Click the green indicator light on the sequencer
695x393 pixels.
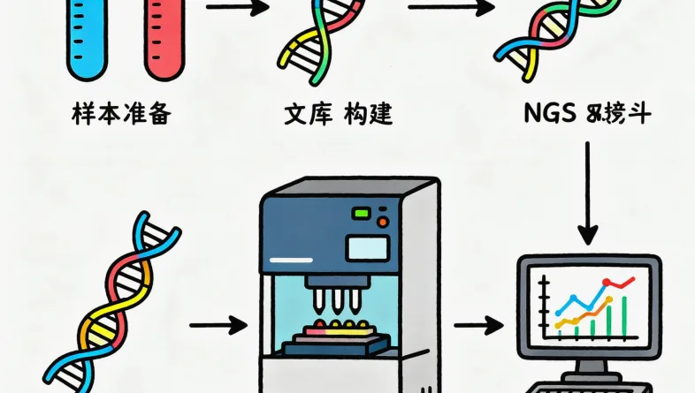362,213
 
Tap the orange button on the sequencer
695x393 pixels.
383,221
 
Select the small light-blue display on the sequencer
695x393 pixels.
365,247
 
